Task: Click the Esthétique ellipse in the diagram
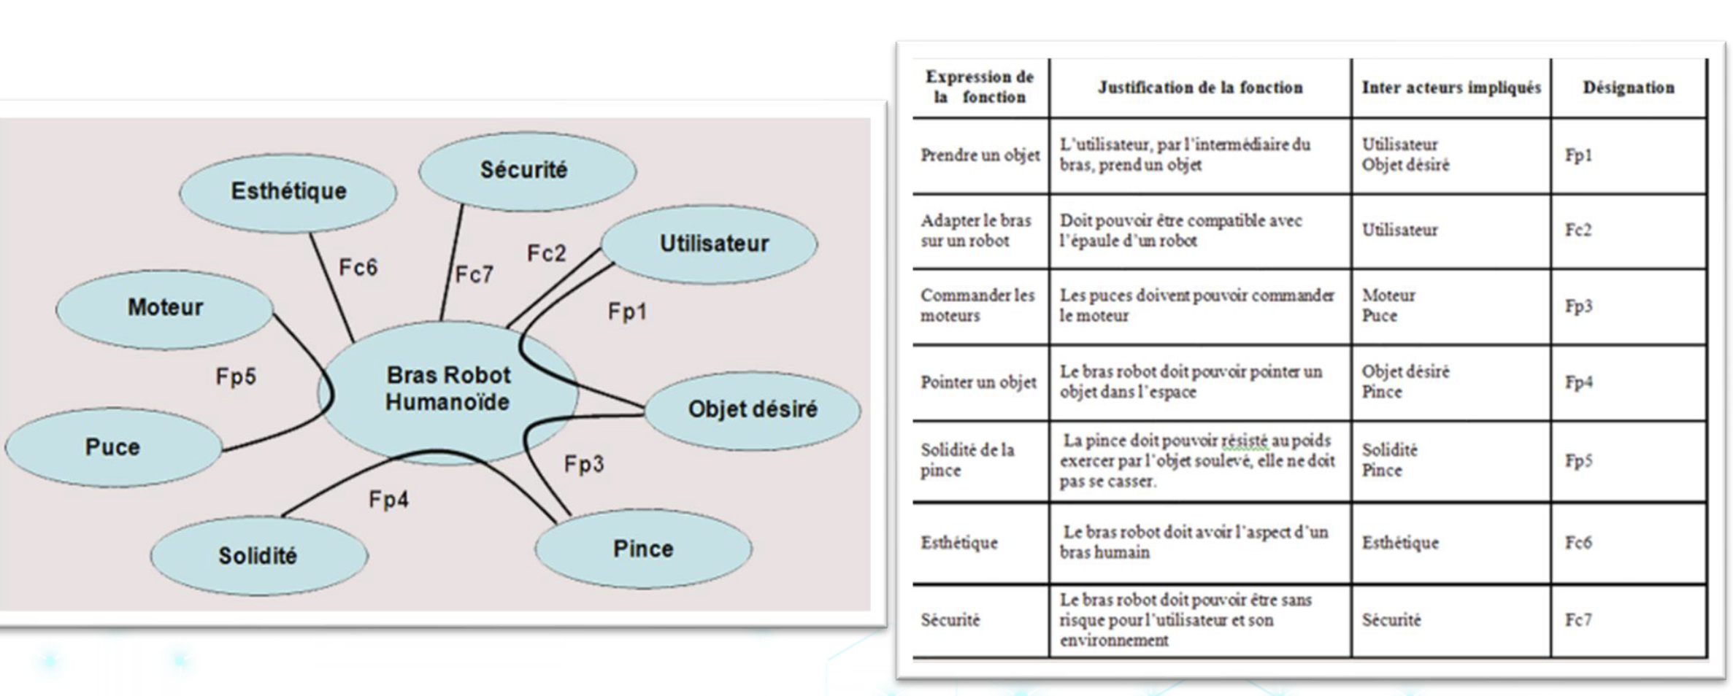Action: (x=288, y=192)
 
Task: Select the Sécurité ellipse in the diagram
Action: (x=526, y=171)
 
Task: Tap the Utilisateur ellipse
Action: (x=712, y=244)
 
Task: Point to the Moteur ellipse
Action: (x=165, y=308)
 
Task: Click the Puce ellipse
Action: (x=112, y=447)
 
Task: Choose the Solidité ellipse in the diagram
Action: (x=258, y=556)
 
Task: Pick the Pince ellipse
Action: (x=642, y=549)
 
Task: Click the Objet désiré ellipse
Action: (x=752, y=409)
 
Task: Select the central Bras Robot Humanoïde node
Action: (x=447, y=389)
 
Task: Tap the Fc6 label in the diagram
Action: (x=358, y=268)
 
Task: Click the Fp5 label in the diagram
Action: (x=236, y=377)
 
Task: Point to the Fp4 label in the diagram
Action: (x=388, y=500)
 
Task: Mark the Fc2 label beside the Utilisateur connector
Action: (x=546, y=254)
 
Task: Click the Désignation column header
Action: (x=1628, y=88)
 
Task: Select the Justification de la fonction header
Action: (x=1200, y=88)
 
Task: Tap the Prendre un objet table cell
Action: (x=980, y=155)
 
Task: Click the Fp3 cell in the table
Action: (x=1578, y=306)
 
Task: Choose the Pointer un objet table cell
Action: (x=978, y=382)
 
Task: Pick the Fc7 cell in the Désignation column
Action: (x=1578, y=620)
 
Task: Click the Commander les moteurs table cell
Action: (x=977, y=306)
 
